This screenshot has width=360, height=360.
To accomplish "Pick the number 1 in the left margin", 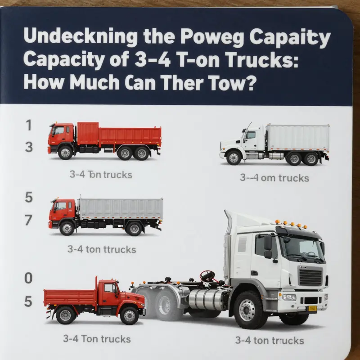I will (28, 126).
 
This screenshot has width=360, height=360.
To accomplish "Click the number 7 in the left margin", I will (28, 220).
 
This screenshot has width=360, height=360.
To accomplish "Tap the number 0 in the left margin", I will (28, 279).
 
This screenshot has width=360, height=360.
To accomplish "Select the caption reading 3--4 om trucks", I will (274, 178).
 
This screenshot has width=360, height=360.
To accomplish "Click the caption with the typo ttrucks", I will (101, 248).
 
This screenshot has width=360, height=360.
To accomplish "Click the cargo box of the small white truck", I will (297, 139).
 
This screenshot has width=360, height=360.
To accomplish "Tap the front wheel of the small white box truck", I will (234, 157).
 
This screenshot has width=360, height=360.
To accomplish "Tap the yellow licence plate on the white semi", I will (311, 308).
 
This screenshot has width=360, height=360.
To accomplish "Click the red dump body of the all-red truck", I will (119, 134).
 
